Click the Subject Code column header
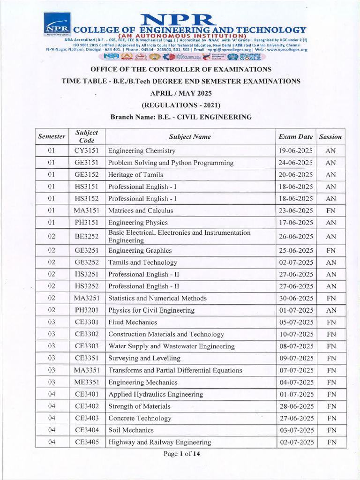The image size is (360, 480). tap(86, 136)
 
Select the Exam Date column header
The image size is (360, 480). tap(295, 137)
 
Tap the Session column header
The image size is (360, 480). tap(330, 137)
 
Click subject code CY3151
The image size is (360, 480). tap(86, 151)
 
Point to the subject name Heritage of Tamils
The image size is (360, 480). tap(135, 175)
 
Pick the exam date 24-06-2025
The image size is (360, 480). tap(295, 163)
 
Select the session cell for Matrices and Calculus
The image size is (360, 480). tap(330, 210)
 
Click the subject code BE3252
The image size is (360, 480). tap(86, 237)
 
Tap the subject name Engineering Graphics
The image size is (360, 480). tap(140, 251)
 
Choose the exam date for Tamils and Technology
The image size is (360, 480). tap(295, 262)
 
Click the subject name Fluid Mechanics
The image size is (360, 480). tap(132, 322)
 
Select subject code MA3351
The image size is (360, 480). tap(86, 370)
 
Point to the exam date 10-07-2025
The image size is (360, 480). tap(295, 334)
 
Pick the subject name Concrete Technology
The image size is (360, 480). tap(140, 418)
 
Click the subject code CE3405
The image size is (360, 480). tap(86, 442)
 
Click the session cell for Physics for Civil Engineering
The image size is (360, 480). tap(330, 310)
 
